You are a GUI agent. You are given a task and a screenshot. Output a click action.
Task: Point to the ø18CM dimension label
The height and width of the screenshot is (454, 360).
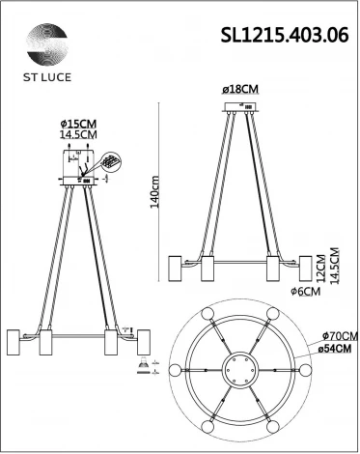[x=242, y=89]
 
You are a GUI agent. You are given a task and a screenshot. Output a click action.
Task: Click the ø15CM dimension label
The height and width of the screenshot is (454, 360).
[x=77, y=125]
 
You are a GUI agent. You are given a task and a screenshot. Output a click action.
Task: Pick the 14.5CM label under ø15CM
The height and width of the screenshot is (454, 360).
[x=78, y=137]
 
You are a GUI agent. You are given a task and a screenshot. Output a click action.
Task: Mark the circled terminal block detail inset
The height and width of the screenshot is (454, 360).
[x=112, y=159]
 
